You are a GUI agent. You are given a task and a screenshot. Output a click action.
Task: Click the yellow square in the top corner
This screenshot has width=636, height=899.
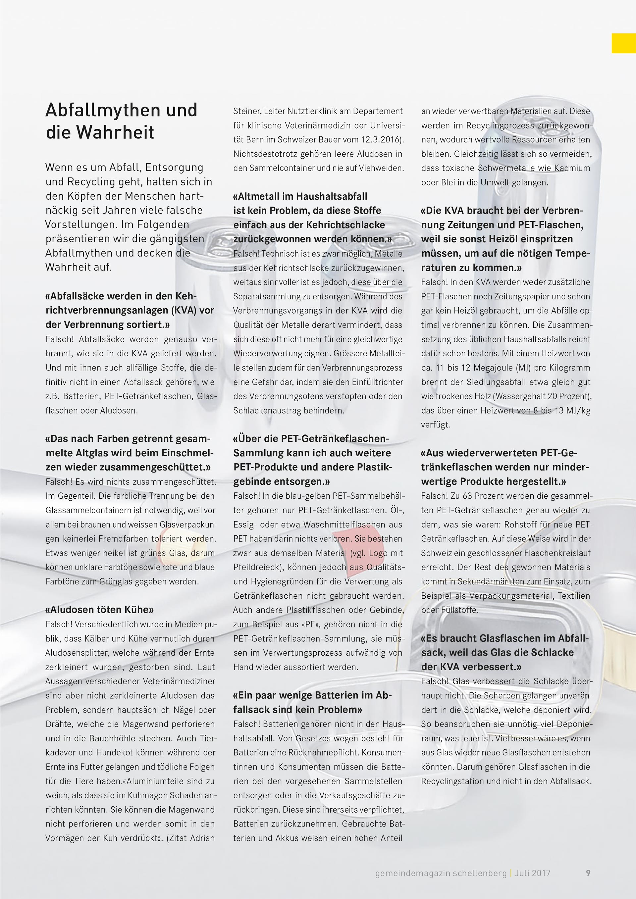(623, 43)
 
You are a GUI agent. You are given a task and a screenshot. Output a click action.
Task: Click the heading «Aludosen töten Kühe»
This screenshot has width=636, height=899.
(99, 610)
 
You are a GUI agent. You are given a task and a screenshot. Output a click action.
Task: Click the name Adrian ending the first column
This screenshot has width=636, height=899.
(202, 838)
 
